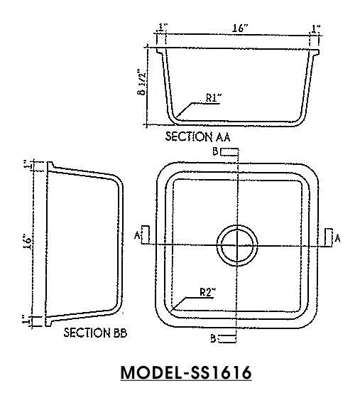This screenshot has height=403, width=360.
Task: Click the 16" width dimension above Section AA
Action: coord(239,28)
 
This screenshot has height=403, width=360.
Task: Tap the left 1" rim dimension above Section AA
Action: coord(164,28)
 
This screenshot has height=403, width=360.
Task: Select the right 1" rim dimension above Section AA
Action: coord(315,28)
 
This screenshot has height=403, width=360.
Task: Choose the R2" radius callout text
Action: coord(207,291)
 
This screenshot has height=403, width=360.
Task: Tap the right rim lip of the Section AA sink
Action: coord(315,52)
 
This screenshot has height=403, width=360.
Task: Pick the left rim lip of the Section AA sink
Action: coord(160,52)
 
